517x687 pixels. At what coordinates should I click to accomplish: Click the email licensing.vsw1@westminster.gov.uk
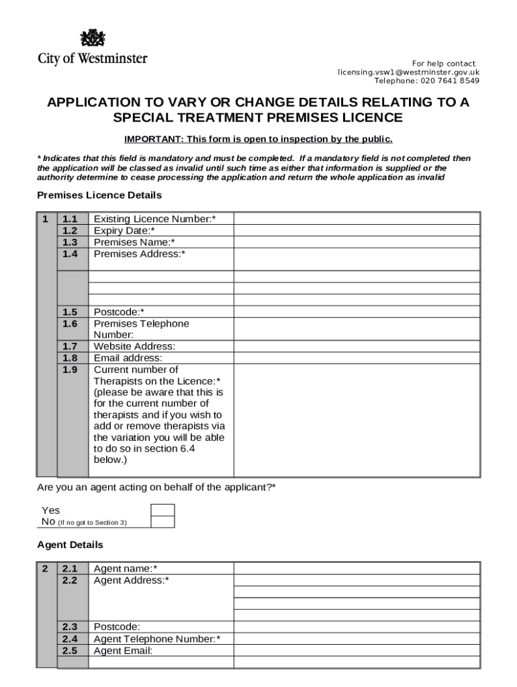click(x=408, y=72)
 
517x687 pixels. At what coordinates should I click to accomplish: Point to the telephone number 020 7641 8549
click(x=450, y=81)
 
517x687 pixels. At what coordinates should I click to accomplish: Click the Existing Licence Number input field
click(x=357, y=219)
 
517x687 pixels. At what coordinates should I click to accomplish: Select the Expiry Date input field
click(x=357, y=230)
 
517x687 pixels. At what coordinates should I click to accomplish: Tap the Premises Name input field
click(x=357, y=242)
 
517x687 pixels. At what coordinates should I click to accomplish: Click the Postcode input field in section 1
click(x=357, y=312)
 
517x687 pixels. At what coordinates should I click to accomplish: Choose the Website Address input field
click(x=357, y=346)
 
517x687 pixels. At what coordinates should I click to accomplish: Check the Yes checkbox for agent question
click(x=162, y=511)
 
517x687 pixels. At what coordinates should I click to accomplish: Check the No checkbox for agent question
click(x=162, y=522)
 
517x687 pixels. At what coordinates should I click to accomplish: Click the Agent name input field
click(x=357, y=569)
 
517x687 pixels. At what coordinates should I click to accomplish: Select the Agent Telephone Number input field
click(x=357, y=639)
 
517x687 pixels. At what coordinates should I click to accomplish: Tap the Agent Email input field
click(x=357, y=651)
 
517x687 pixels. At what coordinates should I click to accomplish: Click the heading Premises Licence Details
click(x=99, y=195)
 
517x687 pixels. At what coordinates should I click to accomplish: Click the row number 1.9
click(x=70, y=370)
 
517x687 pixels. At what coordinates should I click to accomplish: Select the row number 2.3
click(x=70, y=627)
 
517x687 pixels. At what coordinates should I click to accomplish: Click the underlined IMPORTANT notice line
click(x=258, y=140)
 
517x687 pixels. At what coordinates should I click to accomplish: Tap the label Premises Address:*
click(x=140, y=254)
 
